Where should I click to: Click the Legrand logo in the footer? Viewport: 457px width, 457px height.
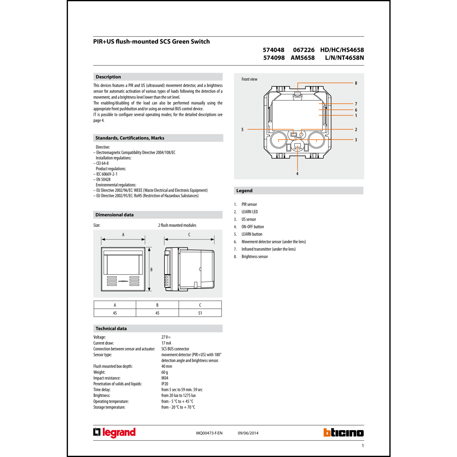click(114, 433)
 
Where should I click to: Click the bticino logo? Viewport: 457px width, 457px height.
click(343, 433)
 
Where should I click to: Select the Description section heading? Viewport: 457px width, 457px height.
click(108, 77)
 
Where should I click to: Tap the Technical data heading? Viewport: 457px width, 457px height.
click(111, 328)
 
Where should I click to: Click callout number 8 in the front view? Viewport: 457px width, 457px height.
click(356, 83)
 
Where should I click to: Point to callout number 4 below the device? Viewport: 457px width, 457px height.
click(297, 174)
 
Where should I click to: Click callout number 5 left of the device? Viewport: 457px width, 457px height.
click(243, 129)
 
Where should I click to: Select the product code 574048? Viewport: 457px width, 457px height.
click(273, 50)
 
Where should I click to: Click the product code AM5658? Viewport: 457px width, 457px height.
click(303, 58)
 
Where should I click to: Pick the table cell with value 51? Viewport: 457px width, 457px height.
click(200, 313)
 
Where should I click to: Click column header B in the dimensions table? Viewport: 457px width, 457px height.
click(157, 305)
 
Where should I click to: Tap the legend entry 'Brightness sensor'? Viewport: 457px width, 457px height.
click(255, 257)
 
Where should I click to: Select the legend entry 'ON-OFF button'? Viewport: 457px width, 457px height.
click(253, 227)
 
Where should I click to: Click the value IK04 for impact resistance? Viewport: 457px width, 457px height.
click(165, 378)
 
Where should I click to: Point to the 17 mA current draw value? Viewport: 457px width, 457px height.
click(166, 343)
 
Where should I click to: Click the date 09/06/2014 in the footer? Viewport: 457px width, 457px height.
click(248, 433)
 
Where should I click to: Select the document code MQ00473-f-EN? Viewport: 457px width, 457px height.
click(209, 433)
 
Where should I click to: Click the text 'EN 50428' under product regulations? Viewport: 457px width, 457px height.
click(103, 179)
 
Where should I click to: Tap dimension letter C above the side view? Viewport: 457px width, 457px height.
click(189, 235)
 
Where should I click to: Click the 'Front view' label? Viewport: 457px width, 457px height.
click(249, 79)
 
